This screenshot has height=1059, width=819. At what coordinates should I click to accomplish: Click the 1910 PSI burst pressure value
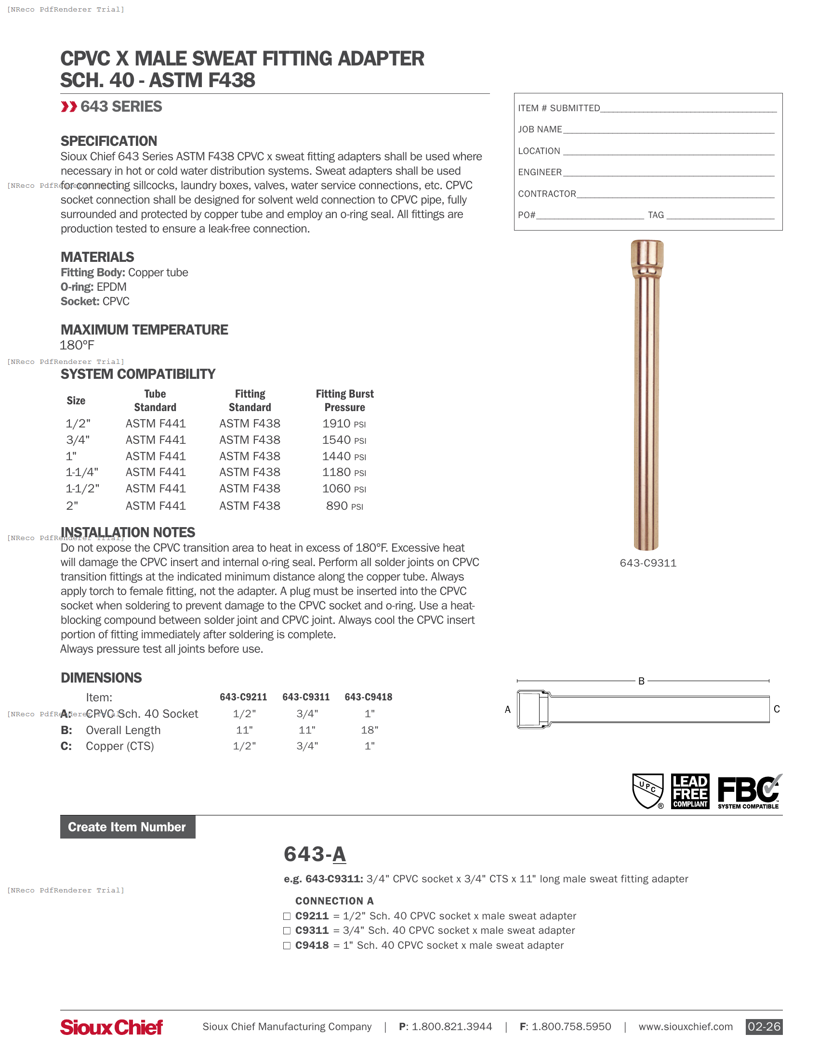343,424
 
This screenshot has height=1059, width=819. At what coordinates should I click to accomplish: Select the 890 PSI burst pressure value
344,506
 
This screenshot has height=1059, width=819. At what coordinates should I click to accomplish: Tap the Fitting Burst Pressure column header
344,400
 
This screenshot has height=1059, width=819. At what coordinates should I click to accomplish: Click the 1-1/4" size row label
82,472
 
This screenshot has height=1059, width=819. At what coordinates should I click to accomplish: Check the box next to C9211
287,916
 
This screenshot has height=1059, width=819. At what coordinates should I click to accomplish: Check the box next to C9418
287,945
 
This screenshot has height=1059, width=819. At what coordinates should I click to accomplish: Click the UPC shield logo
647,791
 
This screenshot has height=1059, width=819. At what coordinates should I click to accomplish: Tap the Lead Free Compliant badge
689,791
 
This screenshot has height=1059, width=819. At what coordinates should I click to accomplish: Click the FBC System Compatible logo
749,791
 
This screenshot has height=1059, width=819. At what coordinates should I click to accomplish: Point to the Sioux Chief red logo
112,1027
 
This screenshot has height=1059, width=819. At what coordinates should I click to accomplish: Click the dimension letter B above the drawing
641,681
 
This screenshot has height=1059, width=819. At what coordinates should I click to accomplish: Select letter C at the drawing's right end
776,709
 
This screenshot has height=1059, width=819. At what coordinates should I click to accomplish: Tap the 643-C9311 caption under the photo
647,563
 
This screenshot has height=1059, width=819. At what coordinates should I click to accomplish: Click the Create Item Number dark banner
128,827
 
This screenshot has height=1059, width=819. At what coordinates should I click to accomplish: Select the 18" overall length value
370,730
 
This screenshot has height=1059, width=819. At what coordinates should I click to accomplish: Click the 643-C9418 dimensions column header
368,697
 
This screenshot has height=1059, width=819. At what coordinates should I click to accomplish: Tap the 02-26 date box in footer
764,1027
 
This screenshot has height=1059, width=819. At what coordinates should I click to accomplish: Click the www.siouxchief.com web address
685,1027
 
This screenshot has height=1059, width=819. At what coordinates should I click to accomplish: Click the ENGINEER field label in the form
540,172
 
